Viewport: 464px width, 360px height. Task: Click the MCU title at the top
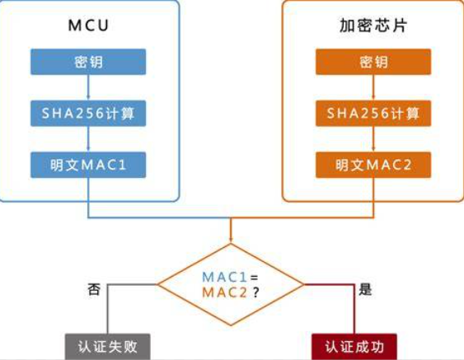[x=88, y=26]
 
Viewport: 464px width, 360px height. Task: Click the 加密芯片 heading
[x=373, y=26]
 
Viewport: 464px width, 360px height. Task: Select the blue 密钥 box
[x=88, y=62]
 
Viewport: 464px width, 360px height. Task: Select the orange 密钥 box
[x=373, y=62]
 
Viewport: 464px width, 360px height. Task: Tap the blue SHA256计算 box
[x=88, y=114]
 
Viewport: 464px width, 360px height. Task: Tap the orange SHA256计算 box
[x=373, y=114]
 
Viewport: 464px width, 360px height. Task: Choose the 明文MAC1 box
[x=88, y=165]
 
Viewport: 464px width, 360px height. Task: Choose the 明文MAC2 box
[x=373, y=165]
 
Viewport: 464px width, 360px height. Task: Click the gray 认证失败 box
[x=108, y=347]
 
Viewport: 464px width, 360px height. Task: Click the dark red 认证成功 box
[x=354, y=347]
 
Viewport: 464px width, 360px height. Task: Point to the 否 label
[x=94, y=289]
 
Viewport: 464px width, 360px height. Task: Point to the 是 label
[x=365, y=289]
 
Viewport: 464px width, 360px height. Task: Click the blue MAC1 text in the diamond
[x=224, y=277]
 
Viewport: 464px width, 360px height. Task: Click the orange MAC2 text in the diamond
[x=224, y=292]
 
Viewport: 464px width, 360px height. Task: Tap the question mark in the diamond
[x=256, y=292]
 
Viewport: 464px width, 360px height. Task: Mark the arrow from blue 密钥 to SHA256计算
[x=88, y=87]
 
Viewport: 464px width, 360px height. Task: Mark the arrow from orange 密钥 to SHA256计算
[x=373, y=87]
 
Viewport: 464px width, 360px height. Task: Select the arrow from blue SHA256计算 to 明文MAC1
[x=88, y=139]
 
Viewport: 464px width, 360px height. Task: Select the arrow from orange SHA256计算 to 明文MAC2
[x=373, y=139]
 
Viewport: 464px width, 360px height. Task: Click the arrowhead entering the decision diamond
[x=231, y=240]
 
